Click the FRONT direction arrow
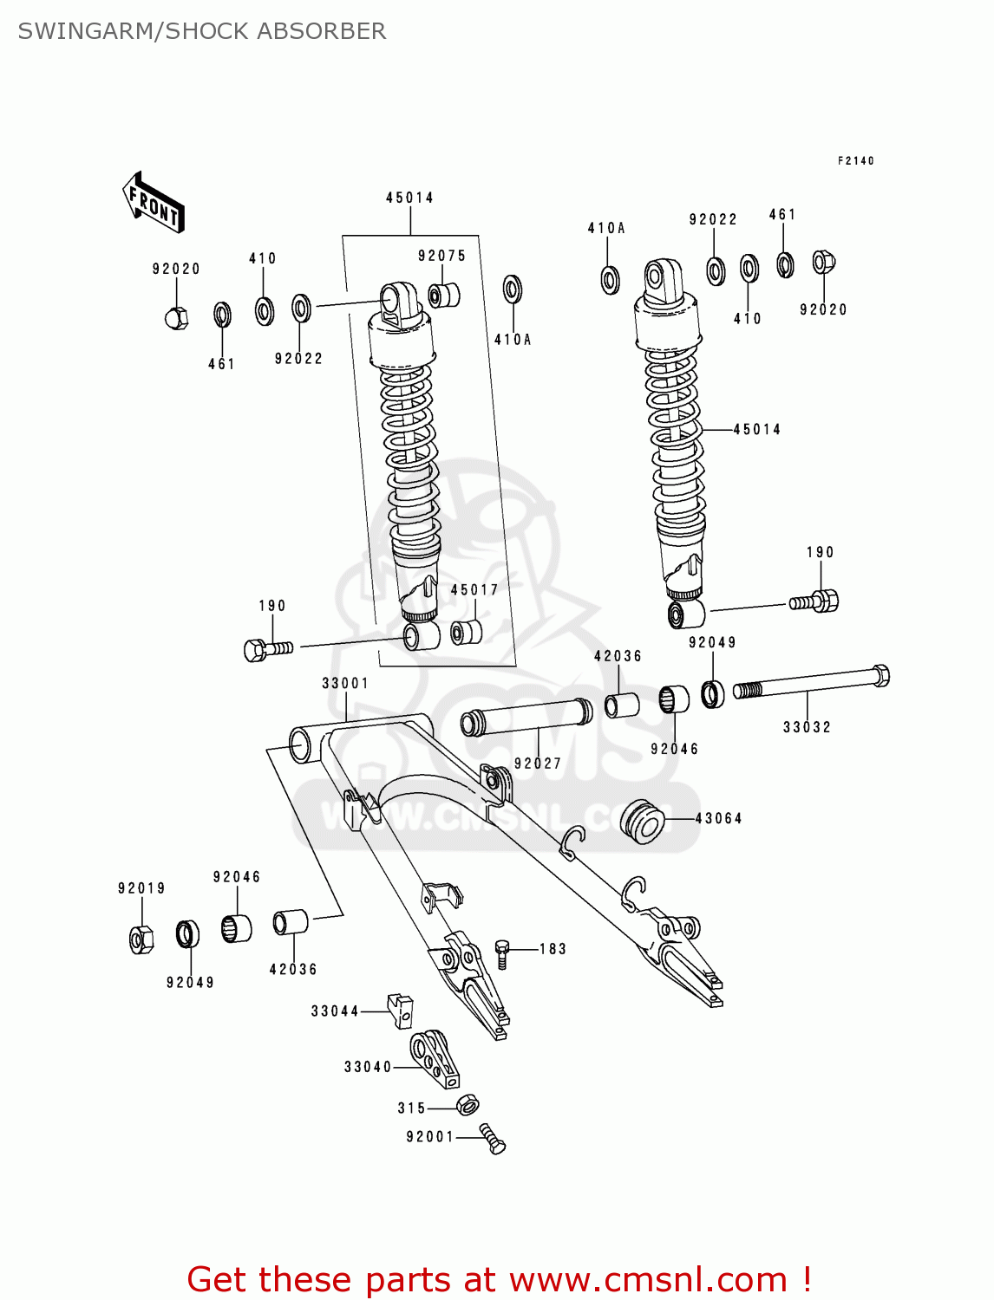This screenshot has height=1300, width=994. [154, 202]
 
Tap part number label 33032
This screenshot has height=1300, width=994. [807, 727]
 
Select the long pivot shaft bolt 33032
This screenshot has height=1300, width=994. [811, 683]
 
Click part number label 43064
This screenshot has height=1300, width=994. [718, 818]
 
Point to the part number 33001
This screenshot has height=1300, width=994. [345, 683]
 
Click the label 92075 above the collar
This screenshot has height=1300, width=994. [441, 256]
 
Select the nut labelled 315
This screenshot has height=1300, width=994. [468, 1105]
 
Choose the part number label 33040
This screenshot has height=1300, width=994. [368, 1067]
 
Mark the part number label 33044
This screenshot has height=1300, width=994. [335, 1011]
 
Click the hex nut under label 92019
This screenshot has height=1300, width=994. [141, 939]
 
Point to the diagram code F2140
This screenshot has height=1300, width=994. [855, 160]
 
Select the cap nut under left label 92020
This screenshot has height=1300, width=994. [176, 318]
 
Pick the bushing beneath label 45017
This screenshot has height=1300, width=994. [467, 631]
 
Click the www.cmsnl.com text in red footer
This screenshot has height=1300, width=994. [647, 1279]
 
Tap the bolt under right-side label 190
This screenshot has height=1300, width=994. [815, 601]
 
